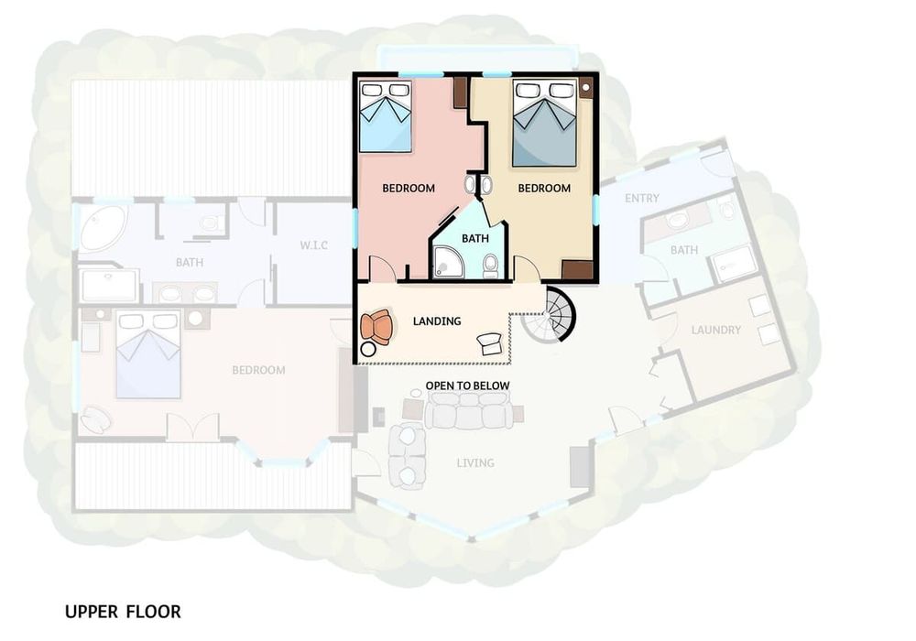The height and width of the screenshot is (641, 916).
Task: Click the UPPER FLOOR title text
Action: pos(123,612)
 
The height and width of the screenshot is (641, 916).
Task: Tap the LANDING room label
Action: pos(437,321)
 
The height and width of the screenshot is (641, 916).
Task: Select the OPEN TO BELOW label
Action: pos(467,386)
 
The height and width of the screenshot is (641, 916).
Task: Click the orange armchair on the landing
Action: pos(376,327)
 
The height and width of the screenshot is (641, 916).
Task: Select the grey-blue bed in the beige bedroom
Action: pos(544,123)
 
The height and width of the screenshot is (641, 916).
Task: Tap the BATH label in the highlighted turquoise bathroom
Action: pos(474,238)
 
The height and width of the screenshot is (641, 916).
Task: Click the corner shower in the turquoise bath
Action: pos(448,263)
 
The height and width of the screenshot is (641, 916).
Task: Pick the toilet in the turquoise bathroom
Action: pos(490,266)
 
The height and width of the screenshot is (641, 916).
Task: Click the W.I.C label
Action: pos(313,245)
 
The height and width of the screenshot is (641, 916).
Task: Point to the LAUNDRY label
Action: pos(716,330)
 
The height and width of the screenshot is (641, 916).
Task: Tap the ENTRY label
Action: pos(642,199)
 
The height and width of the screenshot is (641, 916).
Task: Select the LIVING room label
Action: pos(475,463)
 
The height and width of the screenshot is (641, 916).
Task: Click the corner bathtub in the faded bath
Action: pos(103,228)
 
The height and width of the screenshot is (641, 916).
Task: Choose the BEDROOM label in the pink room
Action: pos(409,188)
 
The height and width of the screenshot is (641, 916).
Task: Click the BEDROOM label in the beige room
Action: pos(544,188)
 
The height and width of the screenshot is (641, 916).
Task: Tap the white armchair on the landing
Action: pos(489,343)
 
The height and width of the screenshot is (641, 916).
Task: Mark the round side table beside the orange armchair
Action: pos(368,350)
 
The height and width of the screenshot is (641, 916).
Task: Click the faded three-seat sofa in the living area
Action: pos(468,410)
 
